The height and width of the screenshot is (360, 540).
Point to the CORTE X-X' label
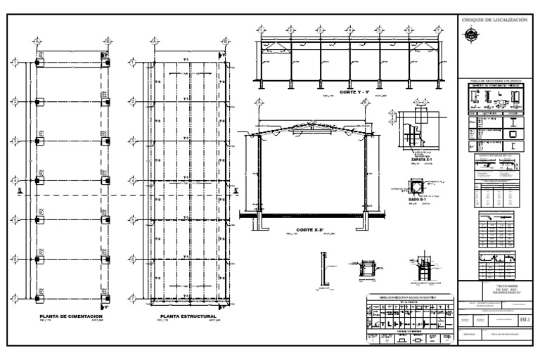coord(311,230)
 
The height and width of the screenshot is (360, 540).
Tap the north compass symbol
coord(469,39)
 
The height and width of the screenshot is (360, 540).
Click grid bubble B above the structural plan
coord(224,40)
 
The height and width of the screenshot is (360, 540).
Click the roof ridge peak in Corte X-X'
coord(311,124)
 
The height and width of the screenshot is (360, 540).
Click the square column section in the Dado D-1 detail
coord(418,187)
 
